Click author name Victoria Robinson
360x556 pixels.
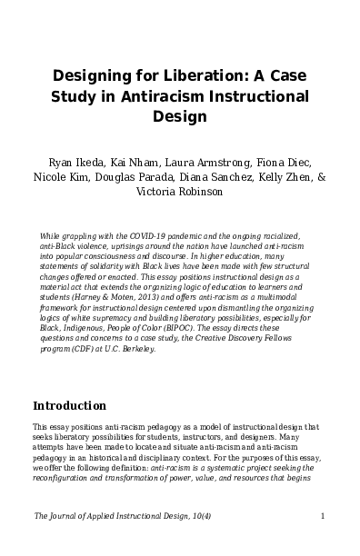(180, 193)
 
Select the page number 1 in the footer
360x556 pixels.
(323, 516)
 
